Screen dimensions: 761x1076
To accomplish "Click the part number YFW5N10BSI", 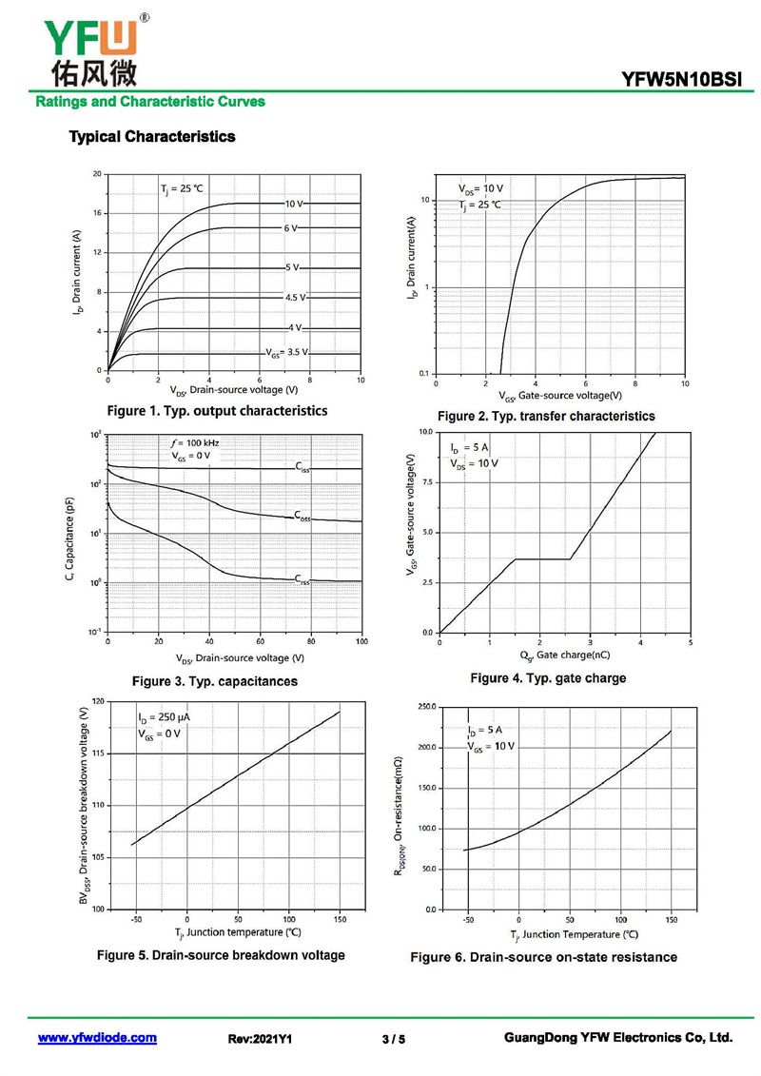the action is pyautogui.click(x=681, y=80).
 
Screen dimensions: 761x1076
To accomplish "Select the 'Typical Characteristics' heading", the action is pyautogui.click(x=152, y=137).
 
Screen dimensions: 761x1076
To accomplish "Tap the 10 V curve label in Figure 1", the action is pyautogui.click(x=294, y=204).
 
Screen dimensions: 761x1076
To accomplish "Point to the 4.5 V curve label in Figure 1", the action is pyautogui.click(x=296, y=297).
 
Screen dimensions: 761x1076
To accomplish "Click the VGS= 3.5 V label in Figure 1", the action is pyautogui.click(x=287, y=352).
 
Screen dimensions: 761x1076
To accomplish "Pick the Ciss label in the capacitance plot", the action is pyautogui.click(x=302, y=466).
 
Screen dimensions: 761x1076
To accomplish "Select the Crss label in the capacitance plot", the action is pyautogui.click(x=302, y=579).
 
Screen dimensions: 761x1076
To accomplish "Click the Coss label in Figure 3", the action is pyautogui.click(x=302, y=516).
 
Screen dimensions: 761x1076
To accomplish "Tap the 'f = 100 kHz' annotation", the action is pyautogui.click(x=195, y=442).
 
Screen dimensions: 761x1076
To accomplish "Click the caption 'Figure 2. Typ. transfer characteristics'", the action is pyautogui.click(x=546, y=416).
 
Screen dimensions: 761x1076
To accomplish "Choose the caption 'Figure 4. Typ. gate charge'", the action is pyautogui.click(x=548, y=678).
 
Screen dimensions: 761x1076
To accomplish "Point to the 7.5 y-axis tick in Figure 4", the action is pyautogui.click(x=426, y=482).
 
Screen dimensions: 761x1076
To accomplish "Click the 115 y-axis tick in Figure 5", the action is pyautogui.click(x=98, y=753).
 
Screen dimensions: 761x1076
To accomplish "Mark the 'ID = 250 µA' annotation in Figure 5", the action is pyautogui.click(x=164, y=717).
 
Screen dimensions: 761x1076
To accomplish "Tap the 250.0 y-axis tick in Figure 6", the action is pyautogui.click(x=427, y=707).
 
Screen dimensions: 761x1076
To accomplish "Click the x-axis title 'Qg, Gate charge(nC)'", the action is pyautogui.click(x=565, y=655).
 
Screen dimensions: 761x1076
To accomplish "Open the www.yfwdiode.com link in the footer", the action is pyautogui.click(x=97, y=1038).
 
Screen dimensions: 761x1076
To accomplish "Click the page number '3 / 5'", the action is pyautogui.click(x=394, y=1039).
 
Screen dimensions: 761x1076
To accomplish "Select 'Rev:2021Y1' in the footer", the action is pyautogui.click(x=260, y=1039).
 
